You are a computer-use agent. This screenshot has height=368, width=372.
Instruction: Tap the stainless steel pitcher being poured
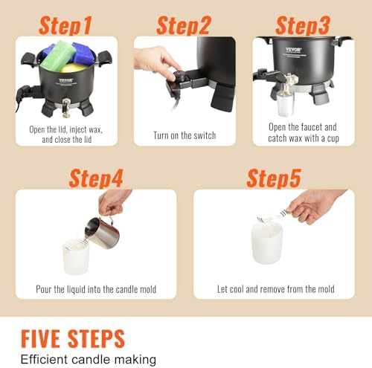(x=103, y=231)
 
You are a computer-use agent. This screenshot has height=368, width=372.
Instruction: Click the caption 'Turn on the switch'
(x=185, y=135)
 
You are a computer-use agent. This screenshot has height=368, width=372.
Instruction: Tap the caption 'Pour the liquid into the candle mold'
(x=96, y=288)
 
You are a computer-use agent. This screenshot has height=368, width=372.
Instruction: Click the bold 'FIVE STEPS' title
(x=72, y=338)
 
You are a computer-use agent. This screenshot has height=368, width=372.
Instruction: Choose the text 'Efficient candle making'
(x=88, y=359)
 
